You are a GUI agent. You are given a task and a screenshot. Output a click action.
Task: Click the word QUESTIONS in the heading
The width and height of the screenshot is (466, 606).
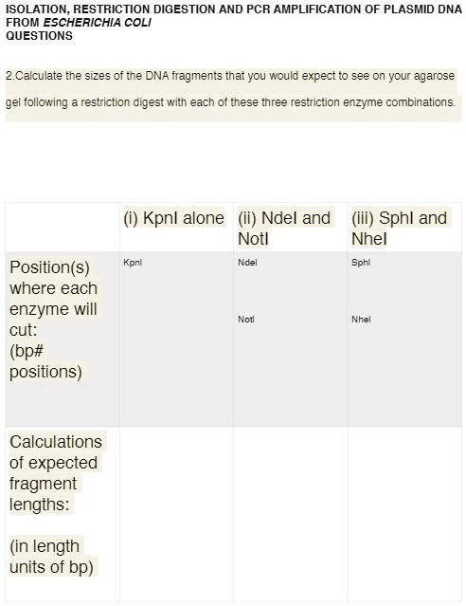(x=39, y=36)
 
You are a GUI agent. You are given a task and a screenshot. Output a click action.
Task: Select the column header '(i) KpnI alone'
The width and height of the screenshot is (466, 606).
(x=173, y=218)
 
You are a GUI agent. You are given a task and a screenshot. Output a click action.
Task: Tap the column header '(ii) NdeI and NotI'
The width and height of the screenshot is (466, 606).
(x=284, y=228)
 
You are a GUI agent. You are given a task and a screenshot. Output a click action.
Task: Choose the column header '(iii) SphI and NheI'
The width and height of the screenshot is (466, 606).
(x=399, y=228)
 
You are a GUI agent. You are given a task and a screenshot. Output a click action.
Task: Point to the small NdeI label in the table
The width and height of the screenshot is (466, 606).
(x=248, y=260)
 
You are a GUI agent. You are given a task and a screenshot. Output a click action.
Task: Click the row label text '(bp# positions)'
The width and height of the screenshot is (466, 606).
(x=46, y=360)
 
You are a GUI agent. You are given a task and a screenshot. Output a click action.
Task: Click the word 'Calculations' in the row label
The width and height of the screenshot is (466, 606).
(x=56, y=442)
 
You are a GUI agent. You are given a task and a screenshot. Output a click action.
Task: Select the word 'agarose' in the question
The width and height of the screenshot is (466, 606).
(x=434, y=74)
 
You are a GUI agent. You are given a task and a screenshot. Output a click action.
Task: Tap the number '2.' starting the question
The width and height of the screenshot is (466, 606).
(x=9, y=74)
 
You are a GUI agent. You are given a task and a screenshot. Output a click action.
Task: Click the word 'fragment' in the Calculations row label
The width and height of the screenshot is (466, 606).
(x=45, y=484)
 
